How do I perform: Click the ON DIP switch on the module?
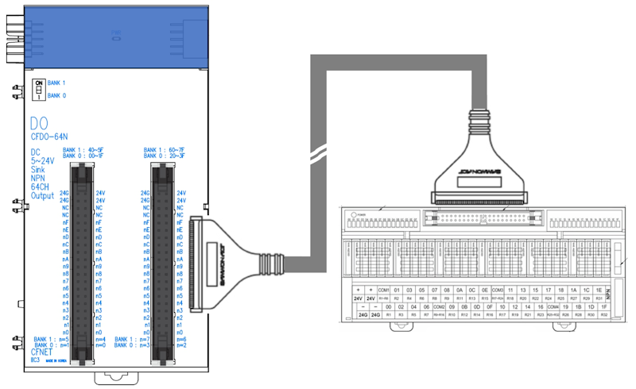37,89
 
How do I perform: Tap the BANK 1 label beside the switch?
56,83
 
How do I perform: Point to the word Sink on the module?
38,170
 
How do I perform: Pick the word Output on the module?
42,195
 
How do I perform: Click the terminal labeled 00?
388,306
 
